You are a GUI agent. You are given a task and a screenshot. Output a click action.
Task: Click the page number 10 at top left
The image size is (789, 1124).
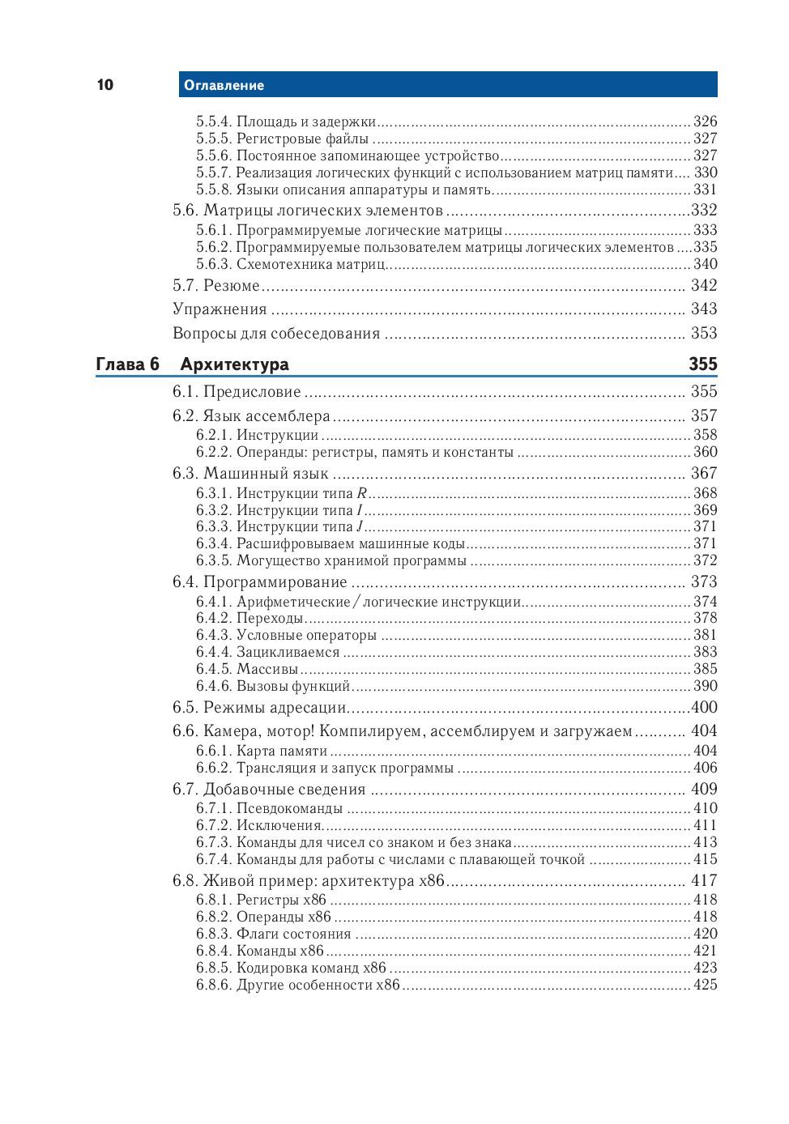coord(105,85)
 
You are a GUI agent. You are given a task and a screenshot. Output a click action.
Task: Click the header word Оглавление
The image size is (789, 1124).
coord(224,85)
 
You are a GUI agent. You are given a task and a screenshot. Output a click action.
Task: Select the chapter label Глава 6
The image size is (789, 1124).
coord(127,364)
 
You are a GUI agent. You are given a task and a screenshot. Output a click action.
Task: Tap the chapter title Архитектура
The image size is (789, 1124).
coord(234,364)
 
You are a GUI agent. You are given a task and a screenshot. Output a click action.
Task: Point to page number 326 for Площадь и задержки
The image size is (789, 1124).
coord(705,121)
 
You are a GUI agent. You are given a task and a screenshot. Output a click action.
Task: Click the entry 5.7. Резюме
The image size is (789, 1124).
coord(216,285)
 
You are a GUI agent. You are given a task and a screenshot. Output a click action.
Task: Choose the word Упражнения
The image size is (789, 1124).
coord(220,309)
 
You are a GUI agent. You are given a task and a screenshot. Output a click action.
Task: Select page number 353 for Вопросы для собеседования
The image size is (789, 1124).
coord(704,333)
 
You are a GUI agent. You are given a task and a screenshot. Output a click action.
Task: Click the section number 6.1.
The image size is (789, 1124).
coord(186,392)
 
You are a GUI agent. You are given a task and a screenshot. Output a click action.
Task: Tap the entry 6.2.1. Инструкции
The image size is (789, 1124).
coord(257,435)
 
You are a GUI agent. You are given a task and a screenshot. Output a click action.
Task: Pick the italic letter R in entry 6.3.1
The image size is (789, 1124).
coord(362,493)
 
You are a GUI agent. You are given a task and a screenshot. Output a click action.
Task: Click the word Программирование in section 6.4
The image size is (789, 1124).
coord(275,582)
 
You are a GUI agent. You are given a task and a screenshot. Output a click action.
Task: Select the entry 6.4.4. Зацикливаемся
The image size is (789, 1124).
coord(267,652)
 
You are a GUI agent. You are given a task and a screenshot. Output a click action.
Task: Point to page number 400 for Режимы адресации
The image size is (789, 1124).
coord(704,708)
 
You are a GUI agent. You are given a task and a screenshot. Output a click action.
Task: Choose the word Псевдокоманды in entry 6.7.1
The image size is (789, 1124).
coord(289,808)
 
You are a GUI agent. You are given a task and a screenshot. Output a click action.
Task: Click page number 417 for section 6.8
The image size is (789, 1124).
coord(704,880)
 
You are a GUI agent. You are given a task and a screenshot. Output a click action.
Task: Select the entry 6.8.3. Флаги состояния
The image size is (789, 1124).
coord(273,934)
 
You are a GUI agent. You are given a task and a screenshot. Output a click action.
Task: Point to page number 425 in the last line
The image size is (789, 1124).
coord(705,985)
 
